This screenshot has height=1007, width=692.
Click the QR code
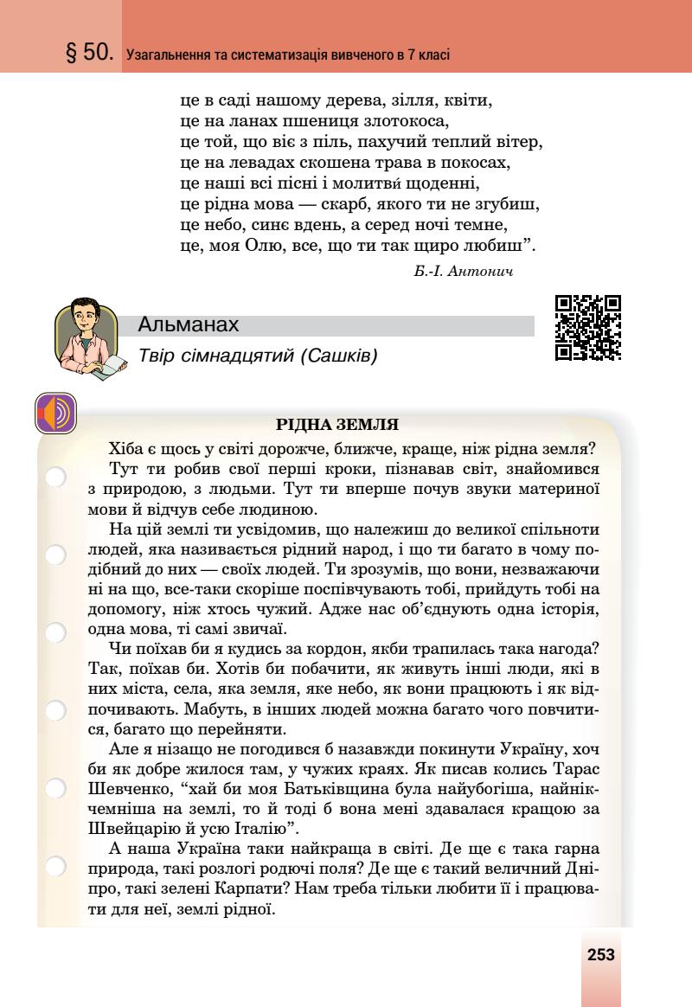pos(588,328)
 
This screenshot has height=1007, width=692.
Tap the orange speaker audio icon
pos(56,414)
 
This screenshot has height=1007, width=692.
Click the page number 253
pos(600,954)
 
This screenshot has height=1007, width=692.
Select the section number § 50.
pos(90,54)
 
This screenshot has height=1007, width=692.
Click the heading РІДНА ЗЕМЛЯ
pos(336,425)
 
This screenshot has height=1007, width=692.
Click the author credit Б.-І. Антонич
pos(464,272)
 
